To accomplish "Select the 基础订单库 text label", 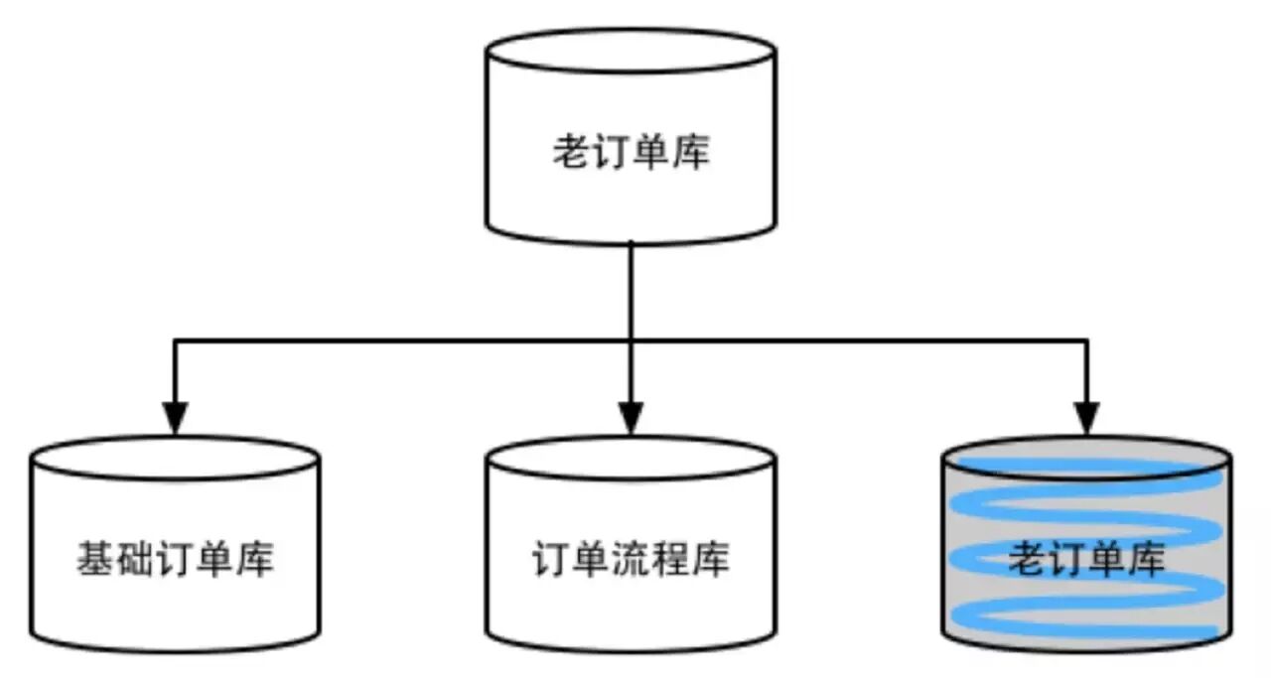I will click(x=175, y=560).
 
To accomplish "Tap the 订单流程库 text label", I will click(x=631, y=560).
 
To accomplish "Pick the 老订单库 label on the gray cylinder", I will click(x=1086, y=560).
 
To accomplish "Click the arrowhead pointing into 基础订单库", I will click(x=175, y=418).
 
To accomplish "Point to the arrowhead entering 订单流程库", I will click(x=631, y=418).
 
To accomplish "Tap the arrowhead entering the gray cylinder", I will click(x=1087, y=418).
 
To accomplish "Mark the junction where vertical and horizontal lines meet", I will click(x=631, y=341).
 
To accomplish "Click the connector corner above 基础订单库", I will click(x=175, y=341).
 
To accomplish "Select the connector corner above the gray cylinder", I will click(x=1087, y=341).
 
